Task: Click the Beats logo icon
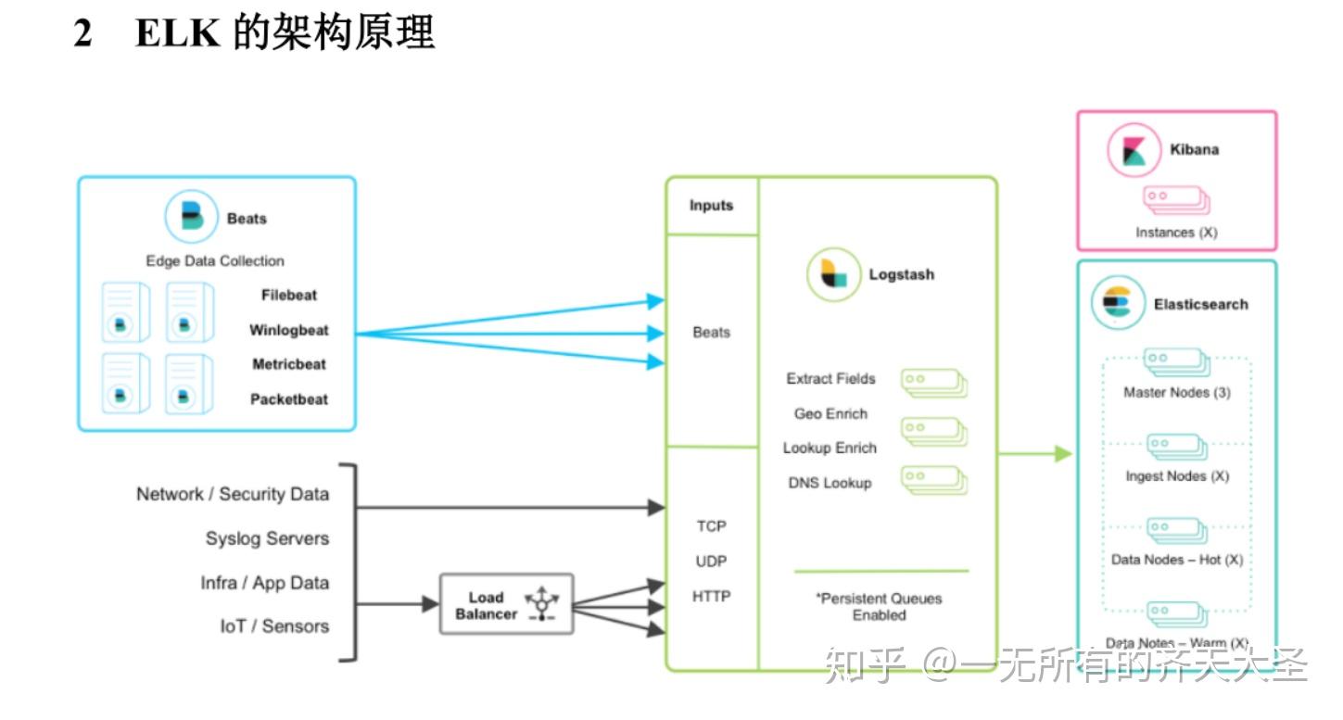point(191,217)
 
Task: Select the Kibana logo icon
point(1134,150)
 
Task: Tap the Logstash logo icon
point(833,274)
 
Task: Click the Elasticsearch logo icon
point(1118,303)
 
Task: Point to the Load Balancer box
point(506,604)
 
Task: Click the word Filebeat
point(288,295)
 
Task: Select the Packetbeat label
point(288,399)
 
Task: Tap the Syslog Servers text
point(267,538)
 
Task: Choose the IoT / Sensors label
point(274,626)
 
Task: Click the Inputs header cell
point(711,206)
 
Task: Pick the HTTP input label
point(711,597)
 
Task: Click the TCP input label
point(711,526)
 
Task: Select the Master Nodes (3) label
point(1176,392)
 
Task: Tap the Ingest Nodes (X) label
point(1176,475)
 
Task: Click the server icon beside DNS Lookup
point(933,480)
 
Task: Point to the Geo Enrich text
point(830,413)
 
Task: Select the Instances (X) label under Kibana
point(1175,233)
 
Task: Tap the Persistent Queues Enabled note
point(879,607)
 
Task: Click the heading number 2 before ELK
point(83,34)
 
